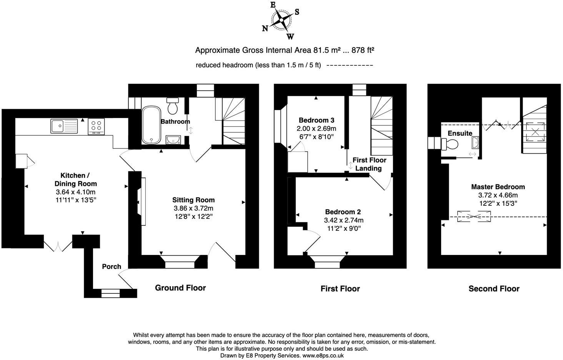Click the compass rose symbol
282,20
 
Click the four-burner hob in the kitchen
97,126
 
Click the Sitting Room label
193,200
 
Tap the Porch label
112,267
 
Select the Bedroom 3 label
316,120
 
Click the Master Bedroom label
498,187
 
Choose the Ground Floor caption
180,288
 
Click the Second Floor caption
494,288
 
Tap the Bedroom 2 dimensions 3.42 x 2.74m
343,220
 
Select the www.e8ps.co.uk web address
323,356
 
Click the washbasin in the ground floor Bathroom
173,140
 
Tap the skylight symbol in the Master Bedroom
474,216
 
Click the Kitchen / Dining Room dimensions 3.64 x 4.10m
75,192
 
